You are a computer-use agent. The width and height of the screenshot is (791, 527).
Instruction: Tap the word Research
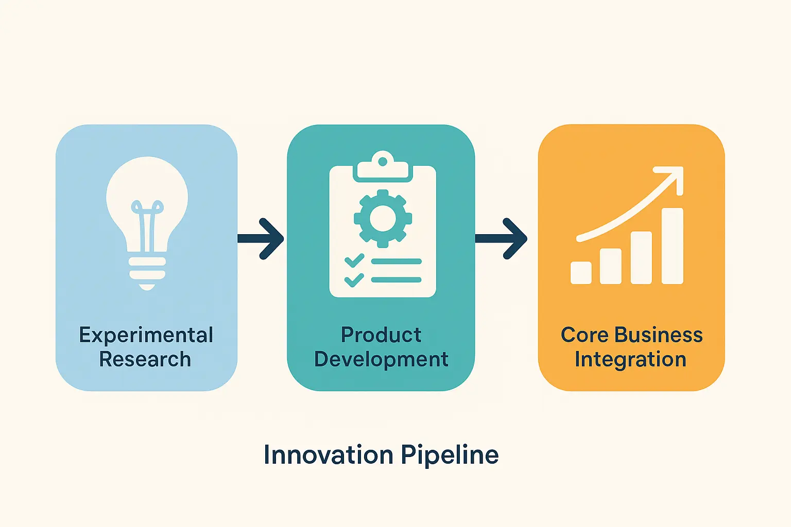(145, 359)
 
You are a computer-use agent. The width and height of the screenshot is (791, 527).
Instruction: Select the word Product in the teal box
(381, 335)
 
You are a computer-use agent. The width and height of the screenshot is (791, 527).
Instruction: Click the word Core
(585, 335)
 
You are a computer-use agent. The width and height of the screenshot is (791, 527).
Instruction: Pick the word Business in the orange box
(659, 335)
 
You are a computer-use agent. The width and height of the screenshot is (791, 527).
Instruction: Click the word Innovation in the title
(329, 454)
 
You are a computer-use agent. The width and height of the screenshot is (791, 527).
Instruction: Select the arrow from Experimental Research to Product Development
(261, 239)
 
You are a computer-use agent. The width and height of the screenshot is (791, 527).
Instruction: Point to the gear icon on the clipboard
(383, 219)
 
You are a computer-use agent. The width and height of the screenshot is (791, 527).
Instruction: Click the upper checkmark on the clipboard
(354, 261)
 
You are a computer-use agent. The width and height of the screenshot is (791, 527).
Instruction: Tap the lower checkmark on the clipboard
(354, 280)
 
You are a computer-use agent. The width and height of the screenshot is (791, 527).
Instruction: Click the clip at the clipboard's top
(383, 167)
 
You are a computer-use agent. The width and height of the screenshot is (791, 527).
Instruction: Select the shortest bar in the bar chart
(581, 272)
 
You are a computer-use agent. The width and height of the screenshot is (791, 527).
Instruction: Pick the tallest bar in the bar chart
(673, 246)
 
